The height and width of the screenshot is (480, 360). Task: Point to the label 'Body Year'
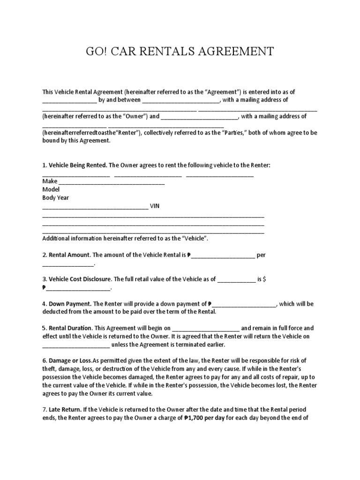pos(55,198)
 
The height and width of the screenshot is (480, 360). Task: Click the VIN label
pos(155,206)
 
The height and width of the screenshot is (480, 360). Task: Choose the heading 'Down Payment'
pos(70,304)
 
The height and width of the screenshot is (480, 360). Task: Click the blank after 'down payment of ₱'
pos(244,304)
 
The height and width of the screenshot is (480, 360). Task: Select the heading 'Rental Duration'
pos(73,328)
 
